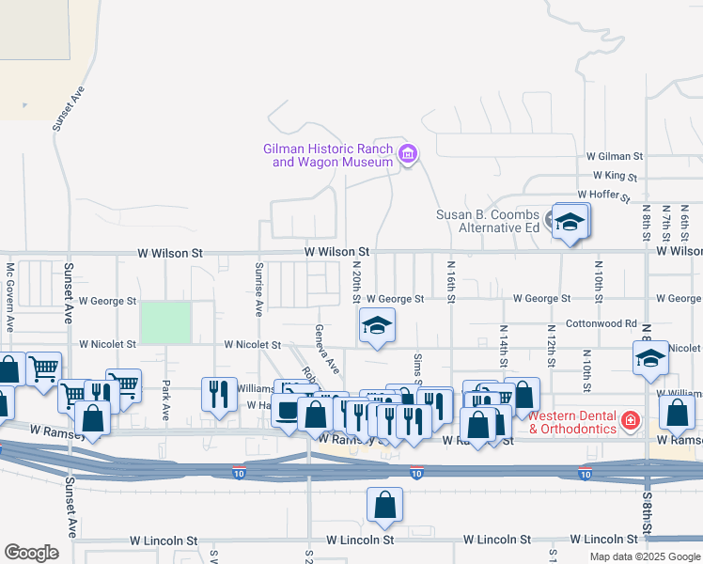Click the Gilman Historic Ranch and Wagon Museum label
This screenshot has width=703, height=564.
(327, 155)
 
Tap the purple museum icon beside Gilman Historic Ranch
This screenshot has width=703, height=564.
(407, 154)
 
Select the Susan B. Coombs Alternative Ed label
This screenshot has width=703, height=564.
(487, 221)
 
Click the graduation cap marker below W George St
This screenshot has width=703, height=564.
(377, 326)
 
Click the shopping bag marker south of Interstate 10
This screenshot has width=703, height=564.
(385, 506)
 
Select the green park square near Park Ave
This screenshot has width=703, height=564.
(165, 322)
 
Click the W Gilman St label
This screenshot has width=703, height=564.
(614, 156)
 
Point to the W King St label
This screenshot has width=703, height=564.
(615, 176)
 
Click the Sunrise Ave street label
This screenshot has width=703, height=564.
(258, 289)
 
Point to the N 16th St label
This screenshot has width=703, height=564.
(451, 283)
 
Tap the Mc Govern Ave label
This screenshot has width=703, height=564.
(9, 297)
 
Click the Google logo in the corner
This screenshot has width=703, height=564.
(31, 553)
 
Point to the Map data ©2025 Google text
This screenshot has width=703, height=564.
(644, 556)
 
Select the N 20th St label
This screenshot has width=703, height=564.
(357, 281)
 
